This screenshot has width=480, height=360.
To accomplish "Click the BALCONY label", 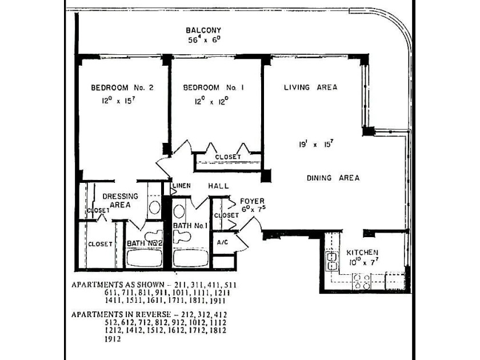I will [203, 30].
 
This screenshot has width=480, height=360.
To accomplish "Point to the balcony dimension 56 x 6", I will [203, 40].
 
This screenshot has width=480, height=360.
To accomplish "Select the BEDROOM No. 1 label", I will [214, 87].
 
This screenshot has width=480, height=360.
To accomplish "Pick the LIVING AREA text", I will [310, 87].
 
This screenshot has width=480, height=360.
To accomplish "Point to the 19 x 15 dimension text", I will [315, 145].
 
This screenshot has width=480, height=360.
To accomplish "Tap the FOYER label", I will [251, 201].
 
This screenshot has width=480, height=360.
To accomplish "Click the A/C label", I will [222, 242].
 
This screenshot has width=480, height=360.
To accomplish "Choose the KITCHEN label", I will [362, 252].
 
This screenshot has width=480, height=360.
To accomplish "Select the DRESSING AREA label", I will [120, 200].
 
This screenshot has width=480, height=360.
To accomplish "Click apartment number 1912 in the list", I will [112, 338].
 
